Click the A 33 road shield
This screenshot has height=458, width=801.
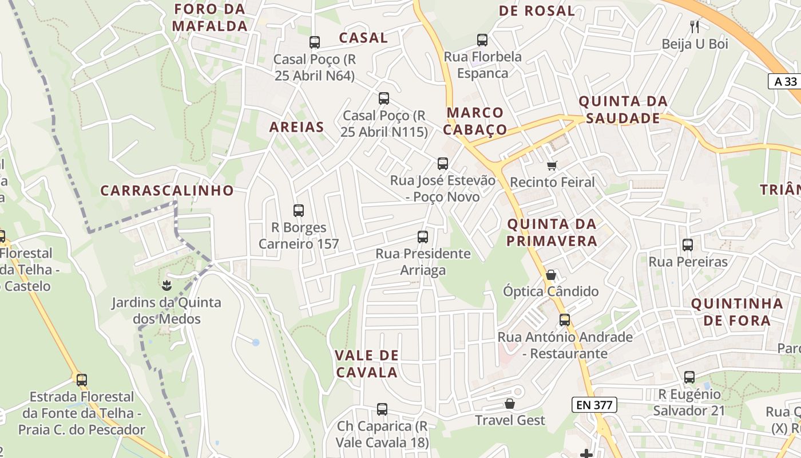[785, 81]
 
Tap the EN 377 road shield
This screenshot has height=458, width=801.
[594, 405]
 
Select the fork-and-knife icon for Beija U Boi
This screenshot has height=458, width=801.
[695, 26]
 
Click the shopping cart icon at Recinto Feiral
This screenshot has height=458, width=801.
[552, 165]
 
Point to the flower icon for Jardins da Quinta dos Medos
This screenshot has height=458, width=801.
[166, 285]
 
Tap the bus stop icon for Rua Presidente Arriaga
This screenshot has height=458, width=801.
[423, 236]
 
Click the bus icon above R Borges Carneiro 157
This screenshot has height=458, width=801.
[298, 210]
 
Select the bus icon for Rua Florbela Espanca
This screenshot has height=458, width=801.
[482, 40]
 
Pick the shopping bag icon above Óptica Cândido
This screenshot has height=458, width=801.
[550, 275]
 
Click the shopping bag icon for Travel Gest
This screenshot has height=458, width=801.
[510, 404]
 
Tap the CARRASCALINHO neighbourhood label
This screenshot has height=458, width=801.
[167, 191]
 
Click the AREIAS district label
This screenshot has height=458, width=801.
[296, 127]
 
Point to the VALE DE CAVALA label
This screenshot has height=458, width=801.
[366, 364]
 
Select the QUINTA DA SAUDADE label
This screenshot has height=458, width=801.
[623, 110]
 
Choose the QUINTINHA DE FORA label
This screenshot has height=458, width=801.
[737, 312]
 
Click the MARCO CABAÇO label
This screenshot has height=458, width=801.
[475, 121]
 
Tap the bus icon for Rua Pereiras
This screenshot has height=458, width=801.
[688, 245]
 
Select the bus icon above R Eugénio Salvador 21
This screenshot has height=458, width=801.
[689, 377]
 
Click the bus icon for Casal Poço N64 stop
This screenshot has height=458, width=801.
[314, 42]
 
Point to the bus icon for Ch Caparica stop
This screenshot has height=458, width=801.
[382, 409]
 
